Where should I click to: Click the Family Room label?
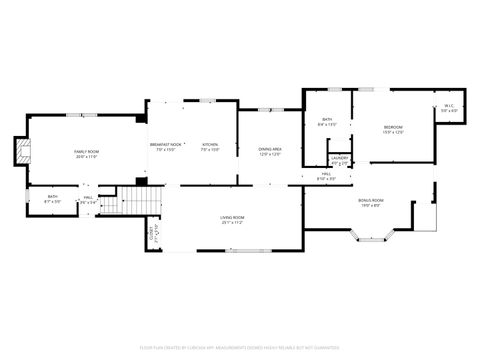pos(87,151)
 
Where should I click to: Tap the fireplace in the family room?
pos(23,151)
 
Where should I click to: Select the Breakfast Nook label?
pos(166,145)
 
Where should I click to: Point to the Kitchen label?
pos(210,145)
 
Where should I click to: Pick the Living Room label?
pos(233,217)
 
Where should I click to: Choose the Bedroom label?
pos(393,127)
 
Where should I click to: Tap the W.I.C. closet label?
pos(449,107)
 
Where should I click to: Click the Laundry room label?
pos(339,158)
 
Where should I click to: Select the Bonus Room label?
pos(370,200)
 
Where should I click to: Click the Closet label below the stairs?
pos(151,236)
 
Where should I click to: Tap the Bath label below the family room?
pos(53,197)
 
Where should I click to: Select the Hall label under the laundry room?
pos(327,174)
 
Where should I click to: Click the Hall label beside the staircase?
pos(89,198)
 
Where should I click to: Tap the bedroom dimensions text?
pos(393,132)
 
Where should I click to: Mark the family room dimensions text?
pos(87,156)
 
